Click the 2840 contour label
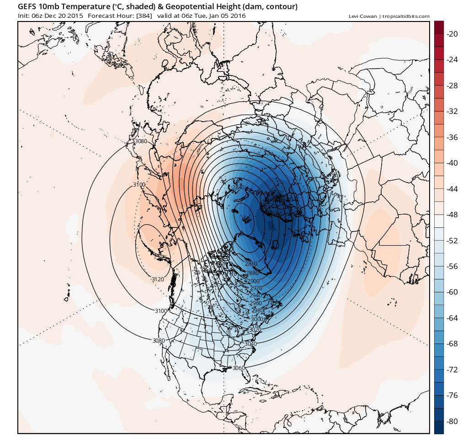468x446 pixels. [238, 188]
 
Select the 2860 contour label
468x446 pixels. [251, 264]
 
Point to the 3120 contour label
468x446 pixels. [158, 279]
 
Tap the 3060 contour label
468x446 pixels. [239, 368]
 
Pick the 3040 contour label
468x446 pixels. [250, 344]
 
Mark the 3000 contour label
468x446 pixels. [257, 319]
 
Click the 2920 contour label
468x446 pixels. [256, 288]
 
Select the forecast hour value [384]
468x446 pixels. [144, 16]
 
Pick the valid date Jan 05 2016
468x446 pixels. [226, 16]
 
